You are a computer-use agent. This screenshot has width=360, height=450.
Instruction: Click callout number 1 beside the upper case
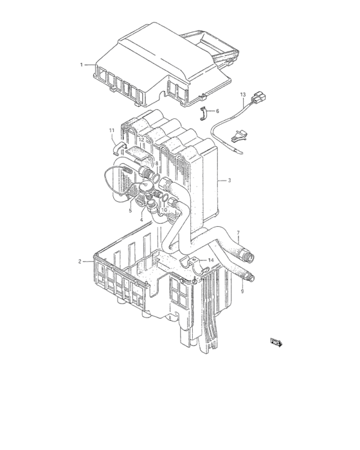[x=82, y=65]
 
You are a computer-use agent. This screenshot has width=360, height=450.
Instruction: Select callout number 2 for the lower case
[x=80, y=261]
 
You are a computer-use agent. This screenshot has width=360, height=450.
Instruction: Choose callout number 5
[x=130, y=210]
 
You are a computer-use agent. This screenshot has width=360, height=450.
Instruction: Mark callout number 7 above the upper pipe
[x=237, y=233]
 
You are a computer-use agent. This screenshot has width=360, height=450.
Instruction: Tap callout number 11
[x=112, y=131]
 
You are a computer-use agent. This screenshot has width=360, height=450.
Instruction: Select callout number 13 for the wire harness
[x=243, y=95]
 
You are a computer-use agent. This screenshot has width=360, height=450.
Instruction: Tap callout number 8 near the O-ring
[x=156, y=164]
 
